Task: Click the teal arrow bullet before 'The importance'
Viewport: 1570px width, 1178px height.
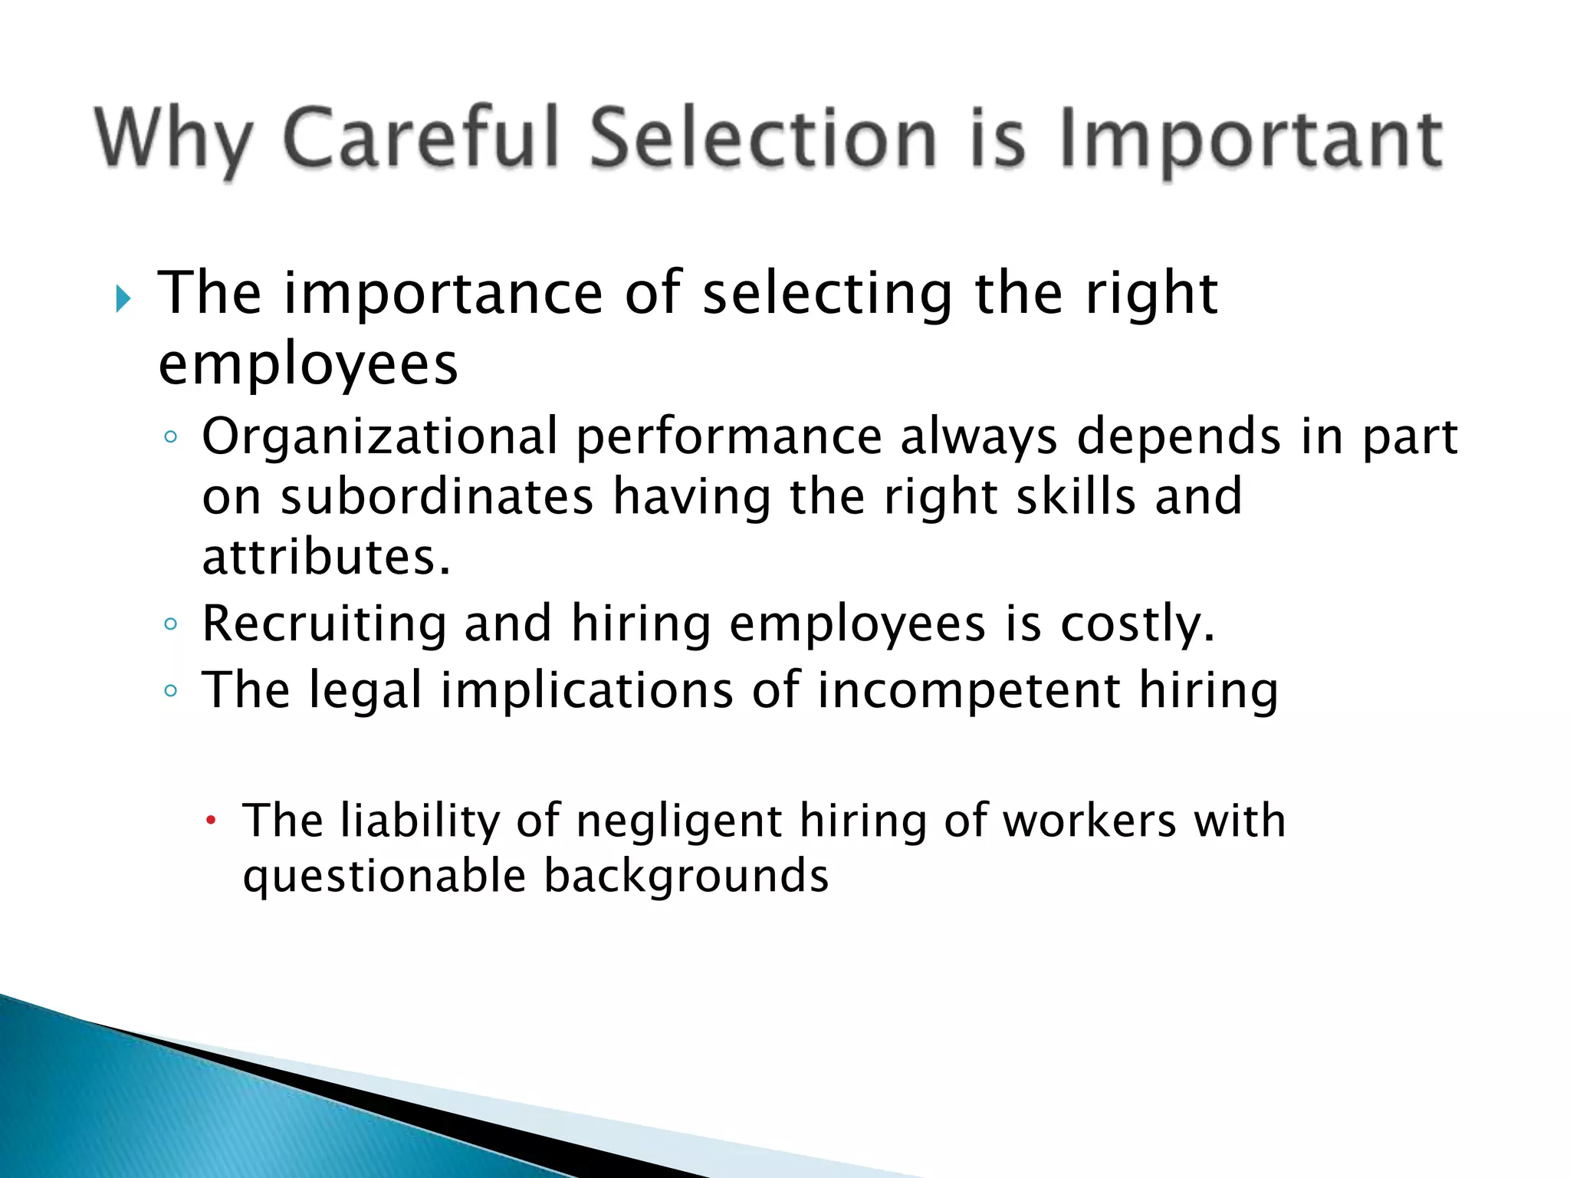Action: (123, 298)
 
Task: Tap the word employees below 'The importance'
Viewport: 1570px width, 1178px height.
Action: (308, 364)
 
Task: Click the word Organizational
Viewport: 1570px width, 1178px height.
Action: (380, 437)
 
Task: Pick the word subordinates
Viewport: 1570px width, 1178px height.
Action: (437, 496)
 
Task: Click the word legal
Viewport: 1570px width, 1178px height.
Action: (366, 691)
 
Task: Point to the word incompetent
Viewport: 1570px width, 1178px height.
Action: (968, 691)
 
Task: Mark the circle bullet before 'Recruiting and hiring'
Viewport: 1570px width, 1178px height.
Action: (171, 624)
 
